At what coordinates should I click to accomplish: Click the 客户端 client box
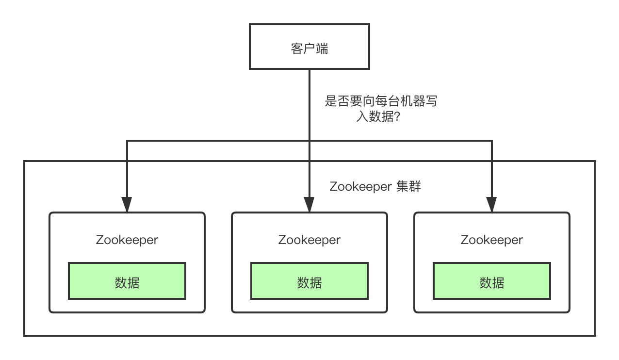point(309,47)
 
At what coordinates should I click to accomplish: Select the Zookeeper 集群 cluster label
point(375,187)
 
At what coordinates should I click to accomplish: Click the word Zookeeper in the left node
point(127,240)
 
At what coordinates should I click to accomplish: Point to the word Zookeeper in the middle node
point(309,240)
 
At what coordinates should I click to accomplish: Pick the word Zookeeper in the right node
point(492,240)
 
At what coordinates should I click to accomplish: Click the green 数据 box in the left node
point(127,281)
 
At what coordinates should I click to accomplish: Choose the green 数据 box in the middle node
point(309,281)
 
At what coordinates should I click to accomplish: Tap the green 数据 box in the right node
point(492,281)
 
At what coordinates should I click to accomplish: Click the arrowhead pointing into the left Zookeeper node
point(127,204)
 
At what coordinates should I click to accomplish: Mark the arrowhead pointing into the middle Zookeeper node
point(309,204)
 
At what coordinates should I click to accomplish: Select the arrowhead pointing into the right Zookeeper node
point(492,204)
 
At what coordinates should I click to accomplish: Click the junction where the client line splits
point(309,141)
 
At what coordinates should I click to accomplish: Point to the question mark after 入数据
point(397,117)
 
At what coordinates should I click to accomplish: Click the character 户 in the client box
point(309,49)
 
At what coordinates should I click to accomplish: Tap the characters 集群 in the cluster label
point(408,187)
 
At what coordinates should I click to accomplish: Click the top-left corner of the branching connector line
point(127,141)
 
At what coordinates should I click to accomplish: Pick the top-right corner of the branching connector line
point(492,141)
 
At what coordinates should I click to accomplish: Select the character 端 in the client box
point(322,49)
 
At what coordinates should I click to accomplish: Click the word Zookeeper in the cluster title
point(360,187)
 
